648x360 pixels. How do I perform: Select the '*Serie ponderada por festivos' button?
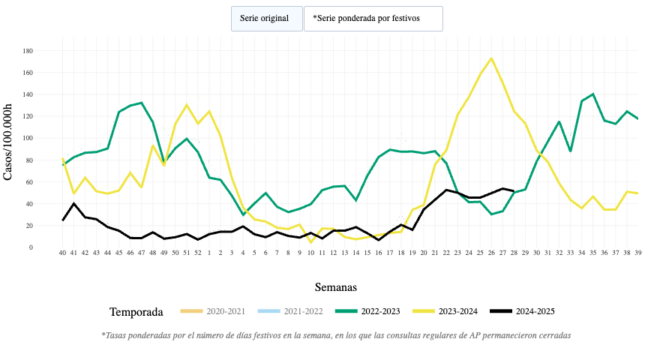click(373, 19)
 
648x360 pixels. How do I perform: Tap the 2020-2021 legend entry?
click(211, 311)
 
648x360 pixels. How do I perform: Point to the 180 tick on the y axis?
click(28, 51)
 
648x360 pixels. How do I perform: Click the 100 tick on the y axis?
click(28, 138)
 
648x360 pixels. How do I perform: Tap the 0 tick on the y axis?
click(31, 247)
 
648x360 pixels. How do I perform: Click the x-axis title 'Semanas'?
click(335, 287)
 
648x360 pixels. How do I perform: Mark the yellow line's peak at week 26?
click(491, 58)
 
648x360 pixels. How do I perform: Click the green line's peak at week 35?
click(592, 94)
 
